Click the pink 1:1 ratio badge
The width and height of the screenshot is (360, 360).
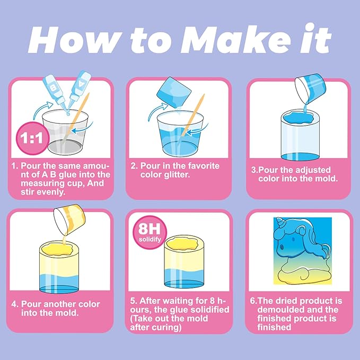32,138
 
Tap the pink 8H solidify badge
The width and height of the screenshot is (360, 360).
150,232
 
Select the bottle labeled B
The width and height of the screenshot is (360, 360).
55,90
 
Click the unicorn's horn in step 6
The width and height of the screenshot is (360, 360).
280,222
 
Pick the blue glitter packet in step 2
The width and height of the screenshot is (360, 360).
174,92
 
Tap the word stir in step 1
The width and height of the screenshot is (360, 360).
28,192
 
